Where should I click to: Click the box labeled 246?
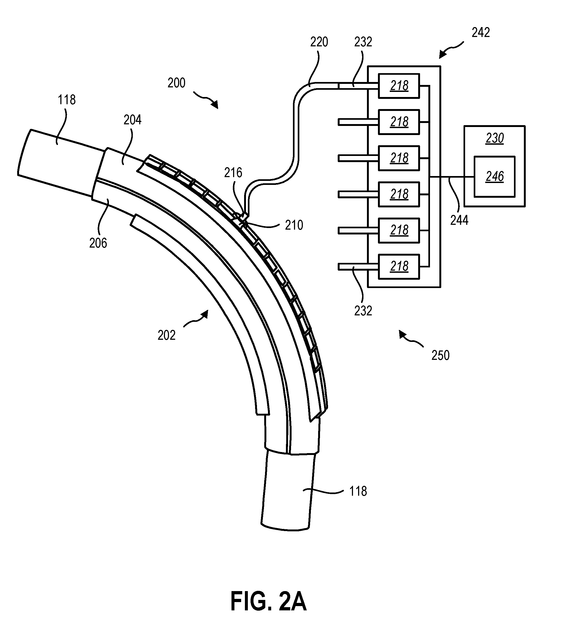(x=495, y=177)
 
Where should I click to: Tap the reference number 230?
(x=495, y=138)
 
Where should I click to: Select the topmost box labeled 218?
(x=399, y=86)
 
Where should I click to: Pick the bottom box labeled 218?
(x=399, y=266)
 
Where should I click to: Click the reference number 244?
(x=459, y=221)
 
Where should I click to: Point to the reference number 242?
(x=481, y=33)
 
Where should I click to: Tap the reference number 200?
(x=176, y=83)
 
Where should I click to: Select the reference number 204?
(x=132, y=120)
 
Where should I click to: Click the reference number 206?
(x=98, y=243)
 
